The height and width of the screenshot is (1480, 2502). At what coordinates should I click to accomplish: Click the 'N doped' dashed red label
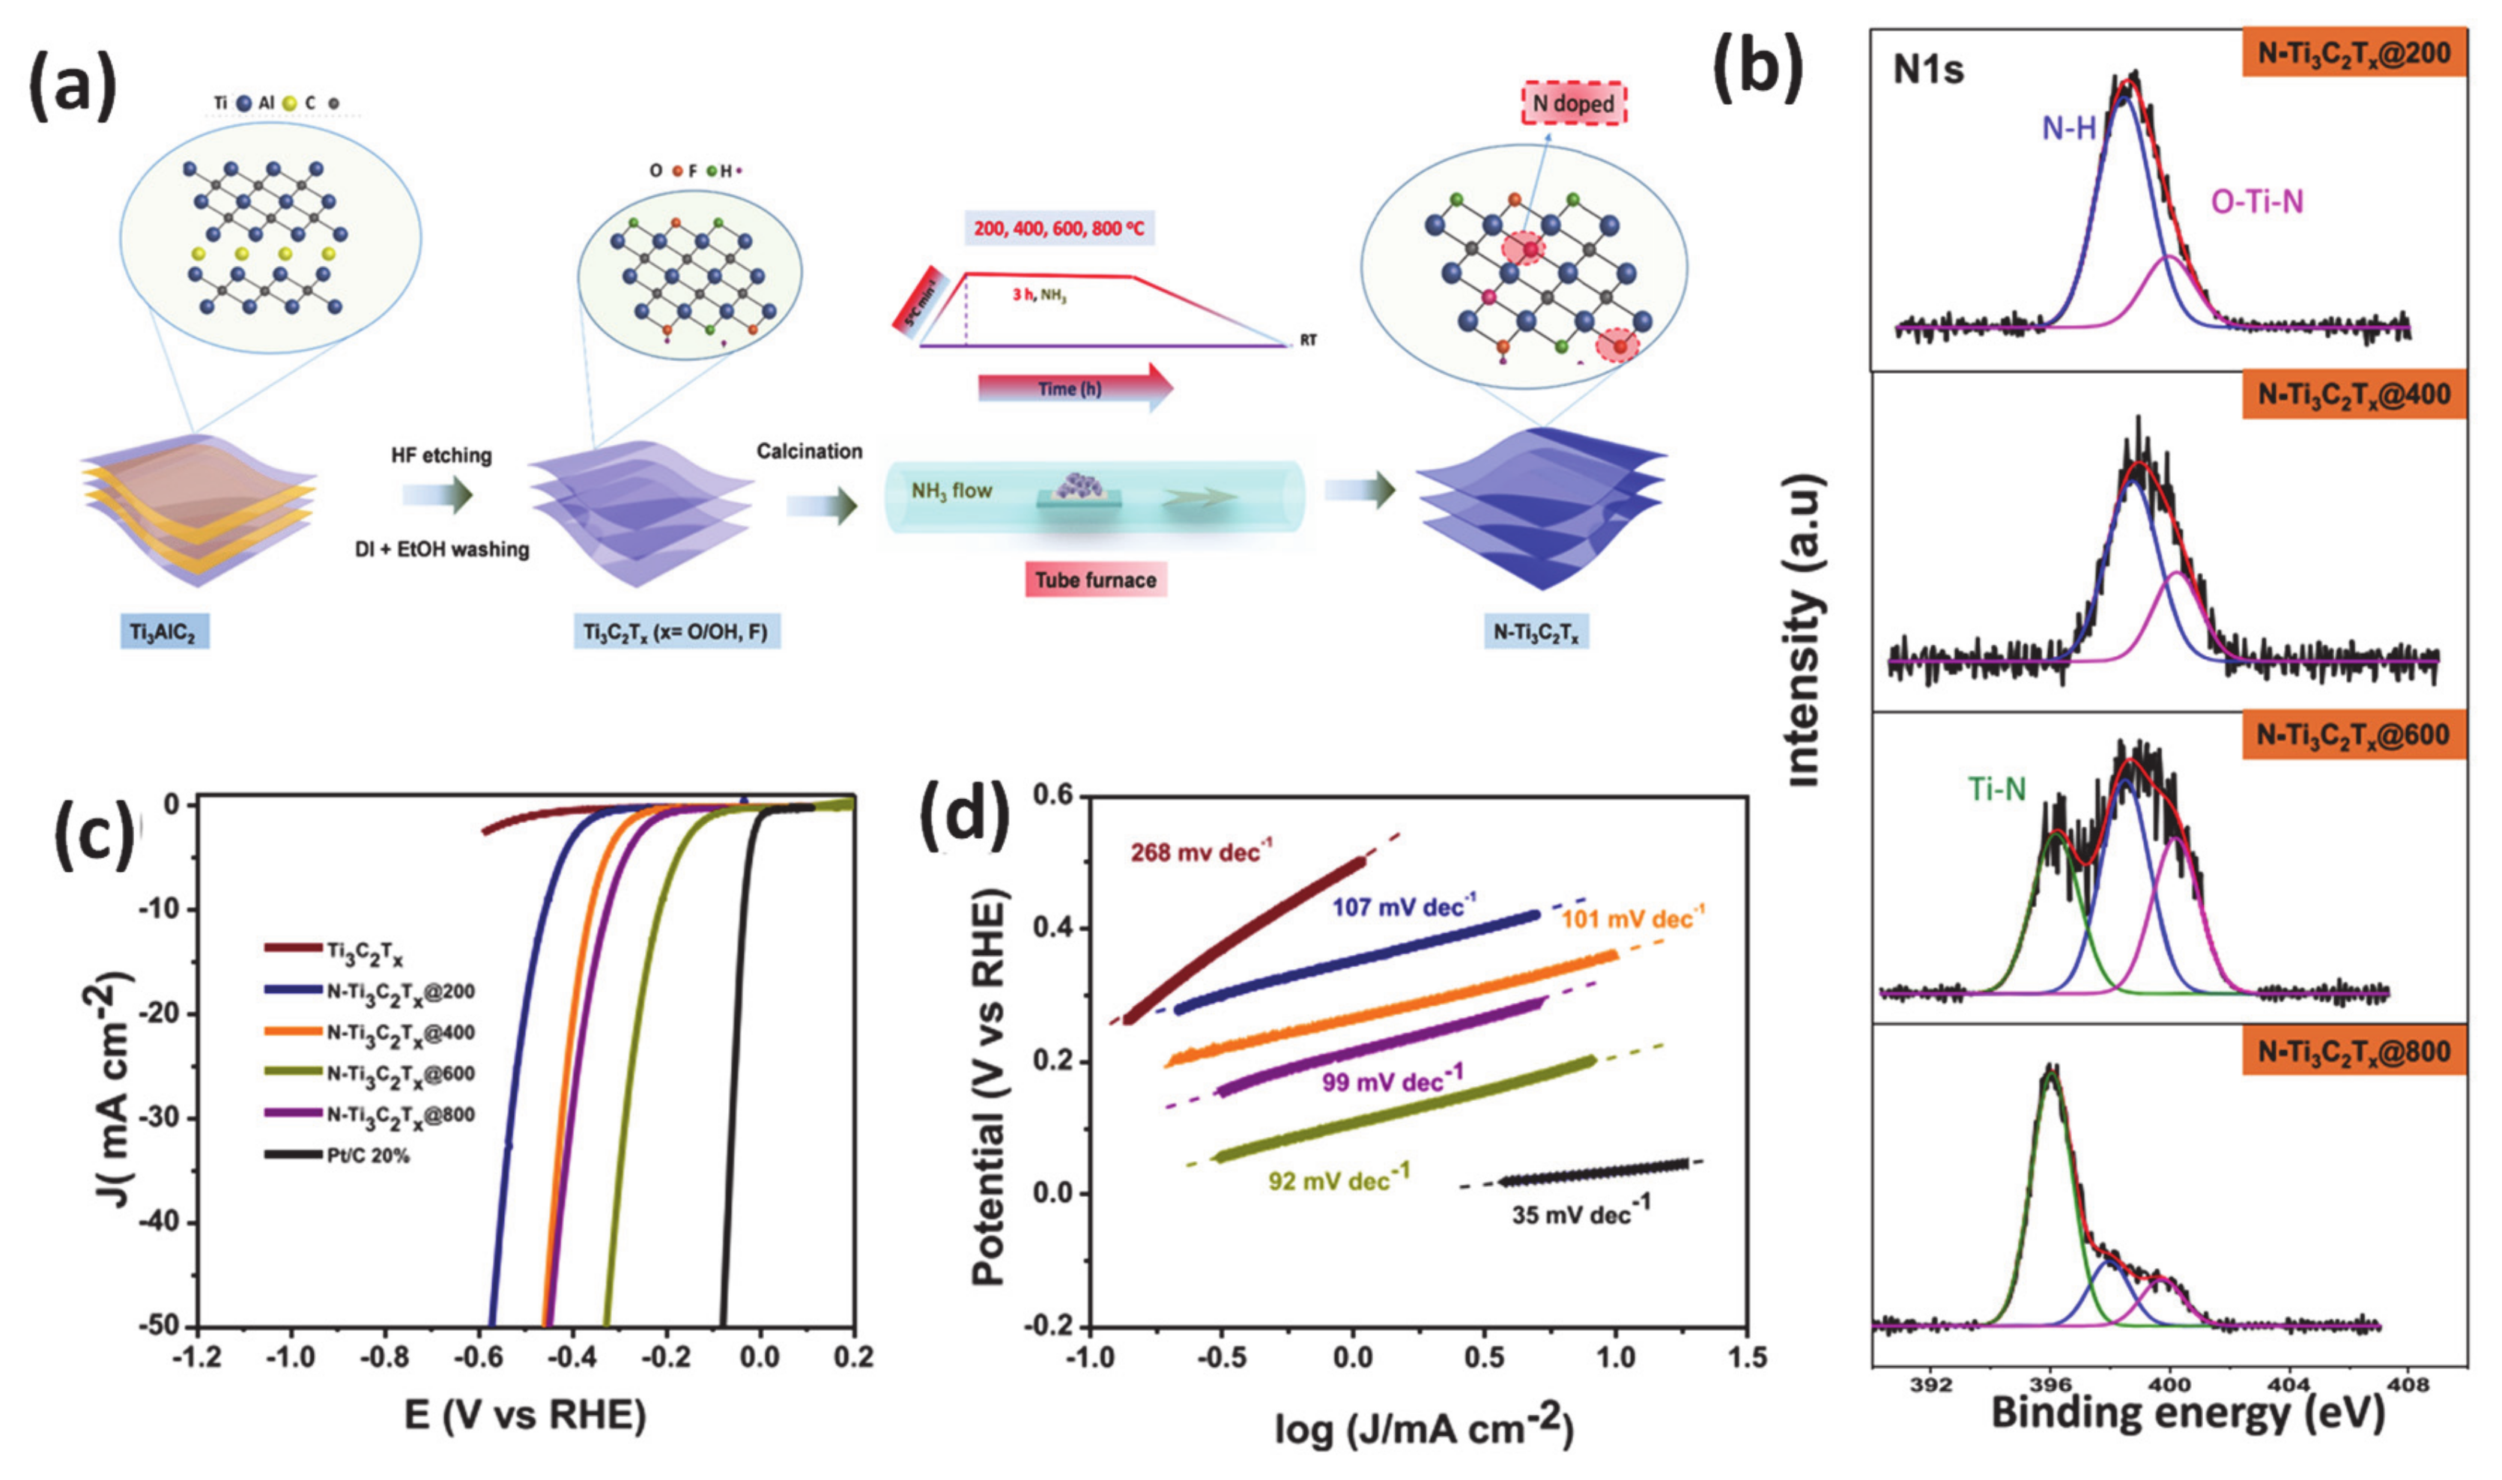pyautogui.click(x=1572, y=103)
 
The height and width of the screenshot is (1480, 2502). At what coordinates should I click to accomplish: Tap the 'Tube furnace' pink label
pyautogui.click(x=1095, y=580)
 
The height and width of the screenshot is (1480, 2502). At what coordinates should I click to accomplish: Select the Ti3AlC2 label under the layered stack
pyautogui.click(x=163, y=632)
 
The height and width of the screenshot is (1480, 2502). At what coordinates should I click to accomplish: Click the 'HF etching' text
pyautogui.click(x=440, y=456)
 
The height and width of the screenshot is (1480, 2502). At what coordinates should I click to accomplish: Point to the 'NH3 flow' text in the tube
pyautogui.click(x=951, y=491)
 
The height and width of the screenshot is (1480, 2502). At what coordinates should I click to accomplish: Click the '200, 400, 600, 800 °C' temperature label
pyautogui.click(x=1059, y=228)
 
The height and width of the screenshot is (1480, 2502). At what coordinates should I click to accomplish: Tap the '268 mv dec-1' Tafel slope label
pyautogui.click(x=1202, y=852)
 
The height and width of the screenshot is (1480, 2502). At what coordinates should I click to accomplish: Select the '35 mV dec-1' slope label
pyautogui.click(x=1581, y=1212)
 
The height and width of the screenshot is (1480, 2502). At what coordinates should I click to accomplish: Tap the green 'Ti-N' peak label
pyautogui.click(x=1996, y=790)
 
